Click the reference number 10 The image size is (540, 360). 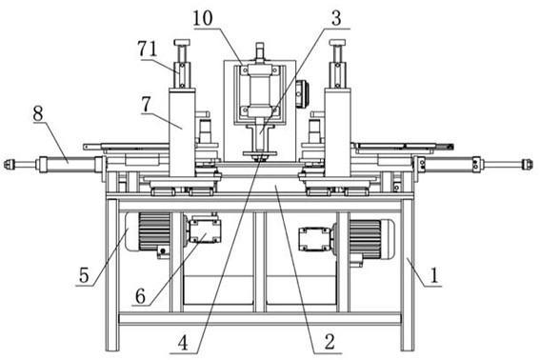[203, 18]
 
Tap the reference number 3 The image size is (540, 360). [336, 18]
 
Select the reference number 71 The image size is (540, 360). [148, 49]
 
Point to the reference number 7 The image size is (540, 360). [146, 105]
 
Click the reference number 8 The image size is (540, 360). [38, 113]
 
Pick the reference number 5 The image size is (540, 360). [84, 275]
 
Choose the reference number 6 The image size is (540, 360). [140, 295]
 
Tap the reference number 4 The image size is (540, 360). [183, 343]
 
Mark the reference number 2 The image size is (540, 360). [330, 342]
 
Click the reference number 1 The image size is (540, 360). [434, 275]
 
